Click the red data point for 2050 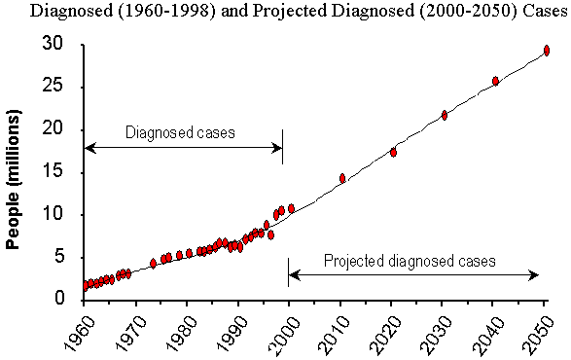[x=547, y=50]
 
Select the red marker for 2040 [x=495, y=81]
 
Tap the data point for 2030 [x=445, y=115]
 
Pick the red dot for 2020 [x=393, y=152]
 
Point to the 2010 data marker [x=342, y=178]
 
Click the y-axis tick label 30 [x=57, y=44]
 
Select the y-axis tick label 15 [x=57, y=172]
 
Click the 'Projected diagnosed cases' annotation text [x=410, y=261]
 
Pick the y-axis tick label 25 [x=57, y=87]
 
